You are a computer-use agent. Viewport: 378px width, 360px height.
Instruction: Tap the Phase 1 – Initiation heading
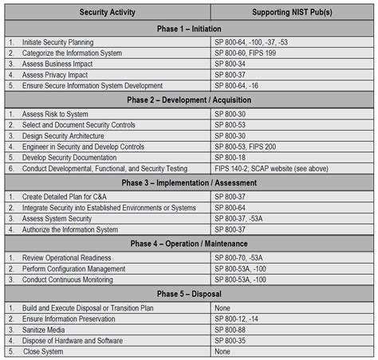click(x=189, y=28)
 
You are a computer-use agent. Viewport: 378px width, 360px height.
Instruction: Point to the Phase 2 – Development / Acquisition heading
click(x=189, y=100)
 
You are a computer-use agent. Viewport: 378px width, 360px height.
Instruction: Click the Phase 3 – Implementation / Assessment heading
click(x=189, y=183)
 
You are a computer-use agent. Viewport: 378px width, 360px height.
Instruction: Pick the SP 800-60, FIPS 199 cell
click(x=247, y=53)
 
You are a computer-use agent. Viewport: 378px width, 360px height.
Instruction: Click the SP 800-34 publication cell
click(x=234, y=64)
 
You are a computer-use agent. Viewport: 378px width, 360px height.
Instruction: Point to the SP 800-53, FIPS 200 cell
click(x=247, y=147)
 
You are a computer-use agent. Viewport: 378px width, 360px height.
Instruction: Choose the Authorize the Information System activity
click(x=70, y=229)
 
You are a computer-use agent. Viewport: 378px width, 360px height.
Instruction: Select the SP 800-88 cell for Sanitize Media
click(x=234, y=329)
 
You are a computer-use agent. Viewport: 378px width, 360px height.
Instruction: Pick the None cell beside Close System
click(x=223, y=350)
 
